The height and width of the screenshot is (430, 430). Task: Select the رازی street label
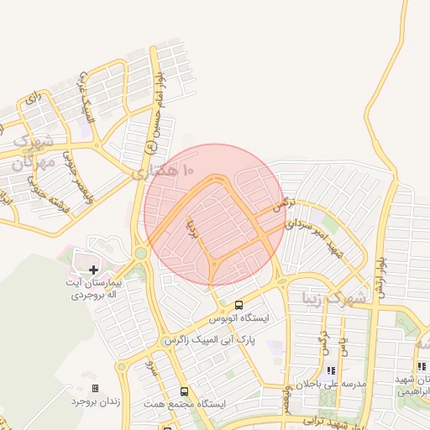[33, 99]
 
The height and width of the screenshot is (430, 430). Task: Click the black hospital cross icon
[93, 269]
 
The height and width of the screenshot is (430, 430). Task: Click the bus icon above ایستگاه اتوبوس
[239, 305]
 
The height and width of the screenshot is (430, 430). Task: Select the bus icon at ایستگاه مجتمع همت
[185, 391]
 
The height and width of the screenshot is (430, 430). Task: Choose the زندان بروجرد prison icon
[94, 388]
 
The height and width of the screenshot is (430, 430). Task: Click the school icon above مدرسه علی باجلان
[330, 370]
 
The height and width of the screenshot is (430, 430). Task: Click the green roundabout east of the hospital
[140, 252]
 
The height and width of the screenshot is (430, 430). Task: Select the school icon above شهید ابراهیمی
[421, 367]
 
